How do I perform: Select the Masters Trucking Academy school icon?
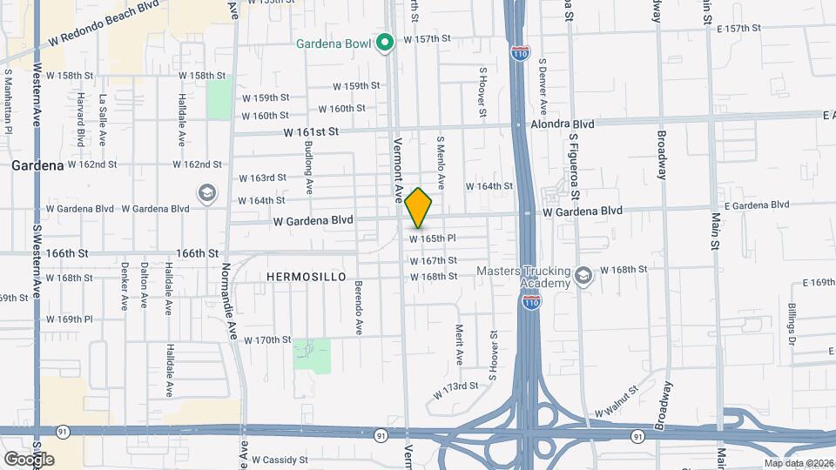pos(583,277)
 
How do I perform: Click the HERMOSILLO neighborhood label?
pos(306,277)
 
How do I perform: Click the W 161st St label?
pos(309,131)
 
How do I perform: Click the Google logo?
pos(29,459)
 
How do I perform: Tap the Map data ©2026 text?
pos(798,463)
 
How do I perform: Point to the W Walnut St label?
pos(617,406)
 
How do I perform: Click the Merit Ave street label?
pos(459,345)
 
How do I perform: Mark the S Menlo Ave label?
pos(441,163)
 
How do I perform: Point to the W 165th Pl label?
pos(433,238)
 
